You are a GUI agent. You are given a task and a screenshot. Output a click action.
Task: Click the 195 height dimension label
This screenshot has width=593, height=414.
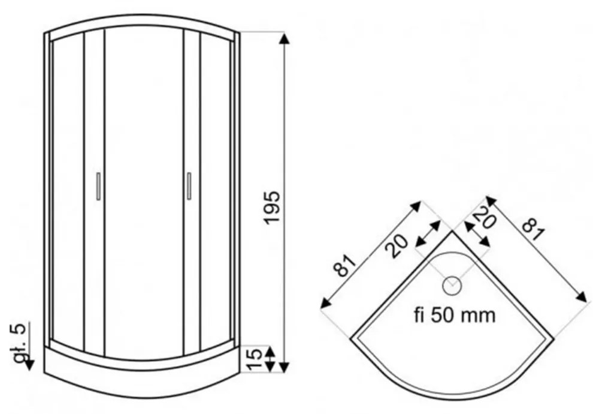pyautogui.click(x=273, y=208)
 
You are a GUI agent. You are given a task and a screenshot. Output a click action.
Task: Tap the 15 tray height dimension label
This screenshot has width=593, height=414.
pyautogui.click(x=254, y=359)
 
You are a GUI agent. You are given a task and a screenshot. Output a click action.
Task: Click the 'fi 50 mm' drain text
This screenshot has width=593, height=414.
pyautogui.click(x=454, y=314)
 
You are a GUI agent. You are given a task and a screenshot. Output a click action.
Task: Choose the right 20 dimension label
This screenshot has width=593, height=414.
pyautogui.click(x=484, y=217)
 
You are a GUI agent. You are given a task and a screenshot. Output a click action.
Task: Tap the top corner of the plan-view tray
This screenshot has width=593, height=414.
pyautogui.click(x=452, y=232)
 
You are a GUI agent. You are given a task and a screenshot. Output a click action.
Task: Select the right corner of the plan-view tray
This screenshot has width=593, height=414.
pyautogui.click(x=553, y=334)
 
